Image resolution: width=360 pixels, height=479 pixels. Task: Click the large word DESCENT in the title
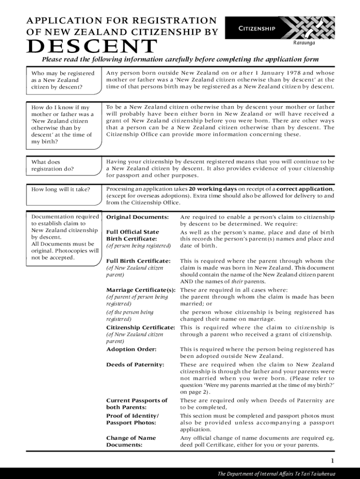click(92, 46)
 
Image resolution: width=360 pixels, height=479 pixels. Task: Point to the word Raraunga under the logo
click(304, 43)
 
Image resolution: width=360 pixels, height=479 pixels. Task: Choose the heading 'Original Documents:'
click(137, 218)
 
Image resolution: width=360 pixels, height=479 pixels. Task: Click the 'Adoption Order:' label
click(131, 349)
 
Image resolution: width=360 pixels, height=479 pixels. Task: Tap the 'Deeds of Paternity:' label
click(135, 364)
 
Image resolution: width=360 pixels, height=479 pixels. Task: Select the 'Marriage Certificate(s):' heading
click(141, 290)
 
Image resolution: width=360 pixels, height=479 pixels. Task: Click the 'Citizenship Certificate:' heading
click(141, 327)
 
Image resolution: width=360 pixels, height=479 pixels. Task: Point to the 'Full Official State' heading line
click(133, 232)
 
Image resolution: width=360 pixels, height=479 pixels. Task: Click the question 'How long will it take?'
click(60, 189)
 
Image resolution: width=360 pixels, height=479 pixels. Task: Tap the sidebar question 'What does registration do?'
click(52, 166)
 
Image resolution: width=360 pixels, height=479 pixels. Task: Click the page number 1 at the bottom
click(332, 460)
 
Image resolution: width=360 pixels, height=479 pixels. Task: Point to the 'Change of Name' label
click(131, 438)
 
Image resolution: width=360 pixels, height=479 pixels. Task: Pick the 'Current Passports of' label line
click(137, 400)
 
